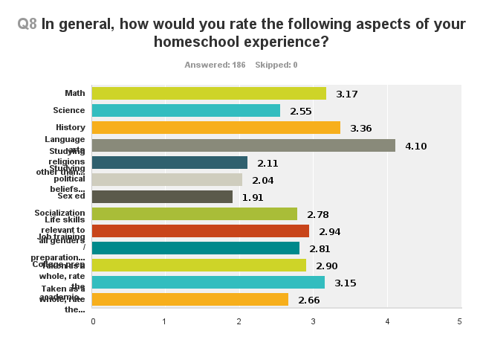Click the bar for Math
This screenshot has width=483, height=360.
point(208,93)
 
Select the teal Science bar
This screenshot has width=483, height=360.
point(186,110)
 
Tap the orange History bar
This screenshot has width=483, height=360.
point(215,128)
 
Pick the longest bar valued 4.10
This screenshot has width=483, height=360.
point(243,145)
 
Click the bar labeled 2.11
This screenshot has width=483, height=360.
point(169,162)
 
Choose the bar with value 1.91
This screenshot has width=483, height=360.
point(162,197)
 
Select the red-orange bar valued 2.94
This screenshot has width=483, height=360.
point(200,231)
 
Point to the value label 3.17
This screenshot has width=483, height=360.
point(347,94)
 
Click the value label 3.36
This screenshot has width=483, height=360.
point(360,128)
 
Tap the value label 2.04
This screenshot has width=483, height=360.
point(263,180)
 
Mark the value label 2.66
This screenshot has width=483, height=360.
point(308,300)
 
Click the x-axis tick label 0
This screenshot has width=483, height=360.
point(93,321)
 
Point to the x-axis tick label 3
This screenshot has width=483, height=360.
point(313,321)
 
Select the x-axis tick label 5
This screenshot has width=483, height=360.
point(459,321)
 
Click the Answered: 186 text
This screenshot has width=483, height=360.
point(215,65)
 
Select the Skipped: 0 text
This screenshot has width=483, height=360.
point(276,65)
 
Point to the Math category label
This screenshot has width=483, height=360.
point(74,93)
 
